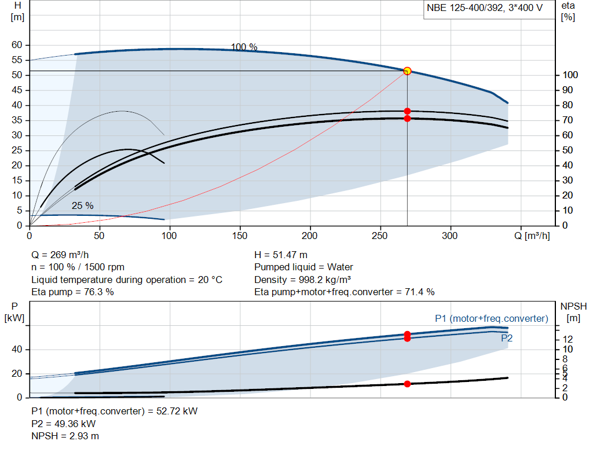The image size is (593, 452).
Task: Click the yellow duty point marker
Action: coord(407,71)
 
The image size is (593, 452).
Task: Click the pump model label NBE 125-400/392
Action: coord(465,8)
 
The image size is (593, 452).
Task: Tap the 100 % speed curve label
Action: coord(244,47)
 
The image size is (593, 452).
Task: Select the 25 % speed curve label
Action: coord(82,205)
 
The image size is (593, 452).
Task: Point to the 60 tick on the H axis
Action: coord(17,45)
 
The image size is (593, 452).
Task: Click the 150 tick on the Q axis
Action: coord(240,236)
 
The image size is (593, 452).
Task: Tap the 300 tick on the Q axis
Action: coord(449,236)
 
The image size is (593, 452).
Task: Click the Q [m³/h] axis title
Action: coord(532,236)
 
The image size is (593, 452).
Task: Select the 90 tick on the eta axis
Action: coord(568,90)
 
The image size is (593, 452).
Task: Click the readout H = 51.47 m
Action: coord(281,255)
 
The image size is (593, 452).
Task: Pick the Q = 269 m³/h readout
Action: coord(60,255)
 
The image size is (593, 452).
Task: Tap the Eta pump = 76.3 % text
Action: coord(72,292)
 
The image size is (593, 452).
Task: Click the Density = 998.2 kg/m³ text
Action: coord(302,280)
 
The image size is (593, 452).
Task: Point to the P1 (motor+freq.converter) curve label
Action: coord(492,318)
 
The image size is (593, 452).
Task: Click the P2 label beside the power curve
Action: coord(507,338)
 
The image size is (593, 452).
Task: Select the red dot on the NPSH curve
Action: coord(407,384)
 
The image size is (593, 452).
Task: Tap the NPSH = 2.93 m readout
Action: coord(65,436)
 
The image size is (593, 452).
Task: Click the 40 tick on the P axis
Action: coord(17,350)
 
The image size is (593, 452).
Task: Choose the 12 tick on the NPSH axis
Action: coord(568,339)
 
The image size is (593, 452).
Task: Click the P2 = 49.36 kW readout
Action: coord(64,424)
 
